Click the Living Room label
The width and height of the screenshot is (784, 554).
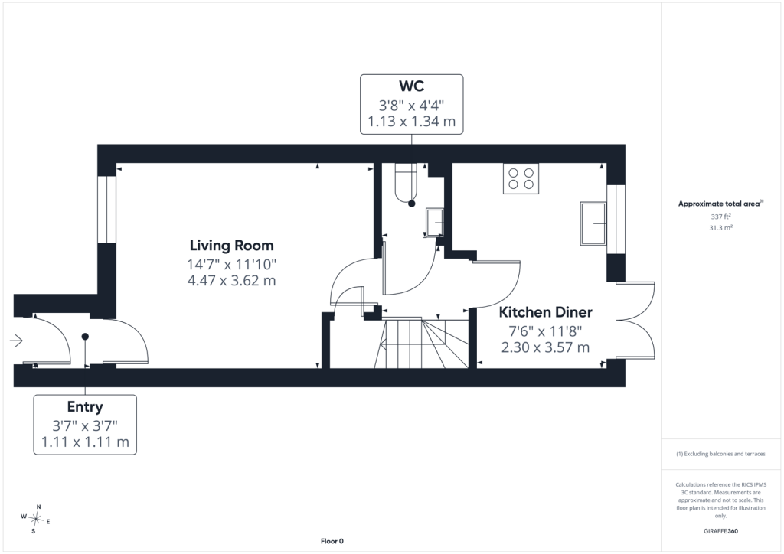[x=231, y=246]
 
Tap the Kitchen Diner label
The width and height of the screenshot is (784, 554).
[x=545, y=312]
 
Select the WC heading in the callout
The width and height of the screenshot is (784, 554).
[x=411, y=86]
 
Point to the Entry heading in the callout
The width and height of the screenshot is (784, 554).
[x=85, y=406]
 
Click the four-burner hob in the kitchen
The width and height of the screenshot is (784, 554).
[x=521, y=179]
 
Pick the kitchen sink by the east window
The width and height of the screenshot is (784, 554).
[x=593, y=223]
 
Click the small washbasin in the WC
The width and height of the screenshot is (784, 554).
[x=434, y=222]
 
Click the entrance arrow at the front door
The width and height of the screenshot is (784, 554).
[x=17, y=341]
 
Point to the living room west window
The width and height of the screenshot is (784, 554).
[x=106, y=210]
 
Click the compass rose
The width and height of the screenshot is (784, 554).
[x=35, y=519]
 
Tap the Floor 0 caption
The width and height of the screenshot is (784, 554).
[x=332, y=541]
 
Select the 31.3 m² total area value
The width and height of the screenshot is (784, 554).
[x=720, y=228]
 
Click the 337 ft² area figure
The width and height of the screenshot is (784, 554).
[x=720, y=217]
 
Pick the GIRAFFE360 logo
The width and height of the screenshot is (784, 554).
[x=720, y=531]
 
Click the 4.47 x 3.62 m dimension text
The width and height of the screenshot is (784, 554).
[x=231, y=280]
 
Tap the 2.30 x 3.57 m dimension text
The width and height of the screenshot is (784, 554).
[x=545, y=347]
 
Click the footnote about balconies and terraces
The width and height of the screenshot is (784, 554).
[x=720, y=454]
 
